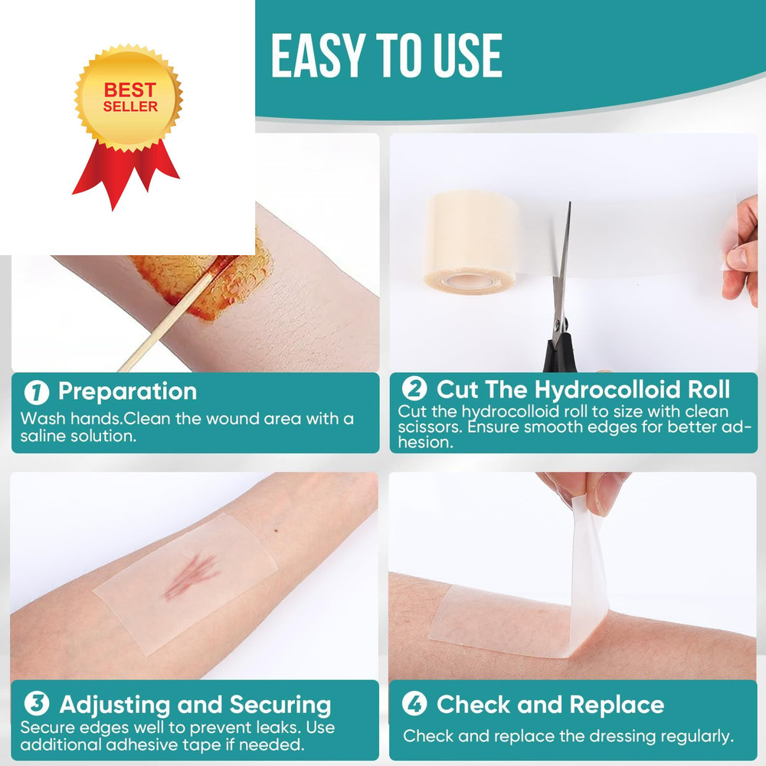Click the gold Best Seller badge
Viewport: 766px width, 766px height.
(129, 98)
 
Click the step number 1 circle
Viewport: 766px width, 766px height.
(36, 392)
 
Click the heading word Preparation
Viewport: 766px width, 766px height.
(127, 391)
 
